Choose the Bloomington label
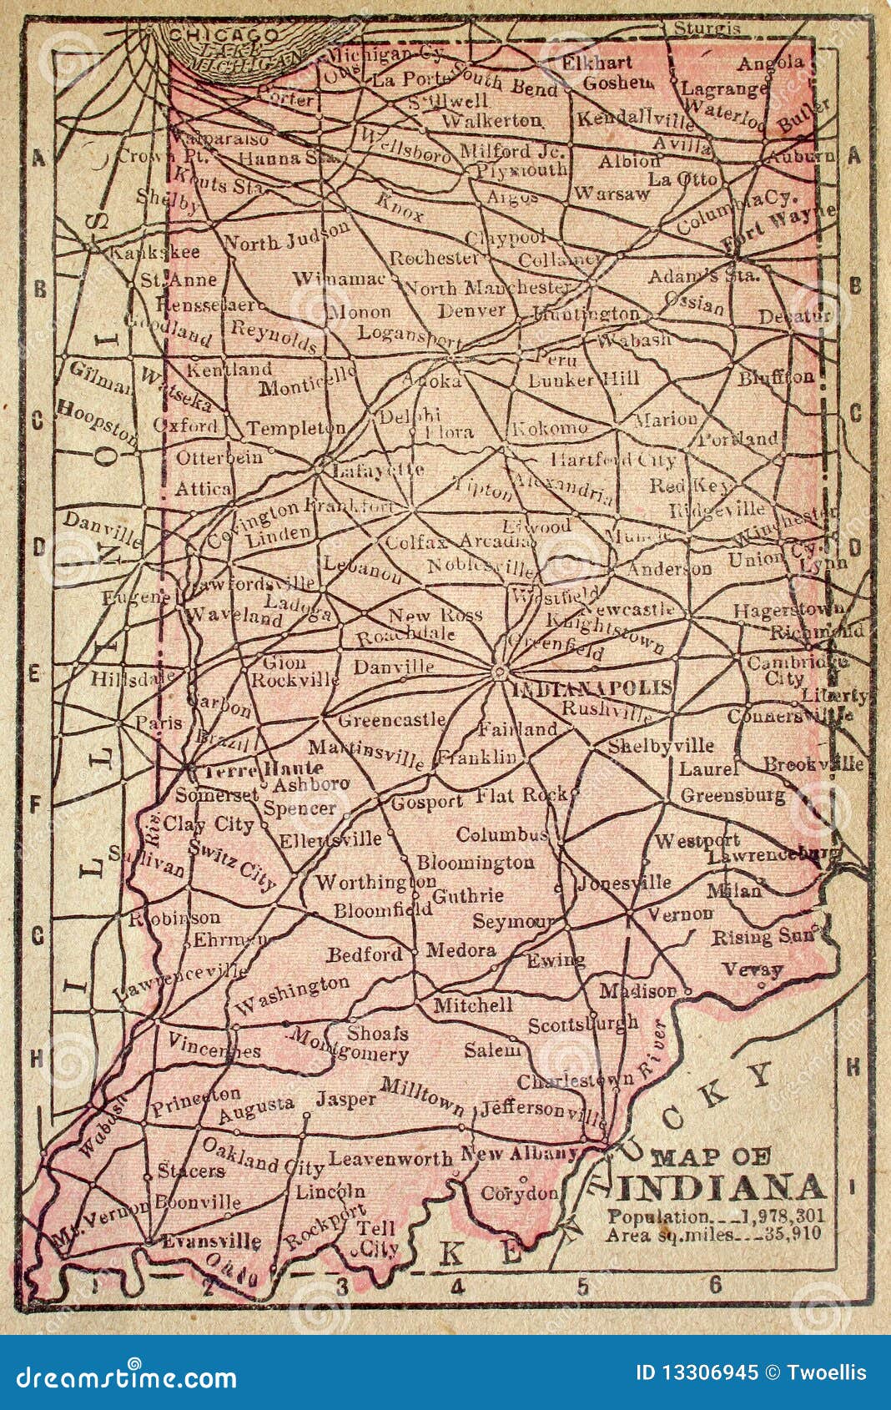point(475,862)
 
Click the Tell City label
point(375,1238)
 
